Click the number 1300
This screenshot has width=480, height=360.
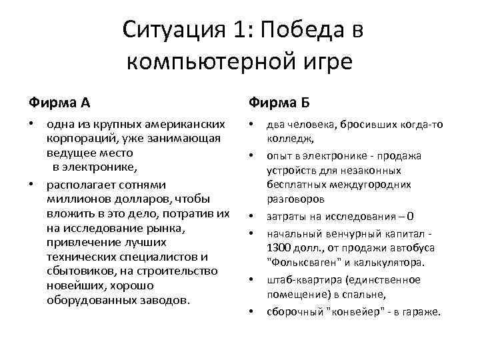(280, 248)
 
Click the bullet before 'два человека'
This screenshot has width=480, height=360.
(251, 125)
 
